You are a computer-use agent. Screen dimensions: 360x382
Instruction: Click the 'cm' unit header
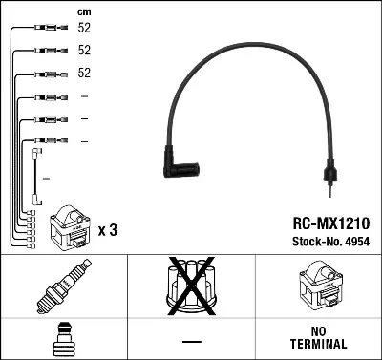[x=84, y=11]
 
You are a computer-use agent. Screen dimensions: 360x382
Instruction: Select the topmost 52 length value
[x=84, y=28]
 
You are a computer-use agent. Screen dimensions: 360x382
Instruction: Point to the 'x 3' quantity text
[x=108, y=230]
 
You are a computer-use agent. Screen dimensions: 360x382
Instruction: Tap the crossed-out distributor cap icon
[x=191, y=288]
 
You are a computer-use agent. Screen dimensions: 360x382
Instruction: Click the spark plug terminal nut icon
[x=63, y=339]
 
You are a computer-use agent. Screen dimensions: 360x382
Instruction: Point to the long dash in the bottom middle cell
[x=191, y=341]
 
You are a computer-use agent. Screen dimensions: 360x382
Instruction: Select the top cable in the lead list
[x=47, y=28]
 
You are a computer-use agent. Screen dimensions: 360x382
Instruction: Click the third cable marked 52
[x=47, y=74]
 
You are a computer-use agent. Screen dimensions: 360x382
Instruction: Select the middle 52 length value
[x=84, y=51]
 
